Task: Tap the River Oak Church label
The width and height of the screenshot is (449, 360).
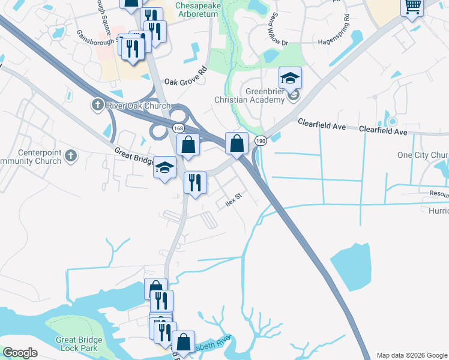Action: click(138, 106)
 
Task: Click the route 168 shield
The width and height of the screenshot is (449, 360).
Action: click(178, 128)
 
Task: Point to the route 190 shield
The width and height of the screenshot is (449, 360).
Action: click(260, 140)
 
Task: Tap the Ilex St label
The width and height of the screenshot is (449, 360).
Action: click(233, 196)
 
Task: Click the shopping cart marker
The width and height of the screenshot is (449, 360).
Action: click(412, 7)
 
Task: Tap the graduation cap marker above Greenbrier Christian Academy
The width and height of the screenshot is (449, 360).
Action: click(290, 77)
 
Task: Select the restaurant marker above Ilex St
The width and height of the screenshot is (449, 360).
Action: click(195, 183)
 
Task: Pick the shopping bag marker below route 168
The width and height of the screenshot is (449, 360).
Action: click(188, 145)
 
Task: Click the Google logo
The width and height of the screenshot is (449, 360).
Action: click(20, 353)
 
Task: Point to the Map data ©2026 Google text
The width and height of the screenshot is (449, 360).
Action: click(411, 355)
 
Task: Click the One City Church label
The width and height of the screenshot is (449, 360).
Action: click(423, 155)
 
